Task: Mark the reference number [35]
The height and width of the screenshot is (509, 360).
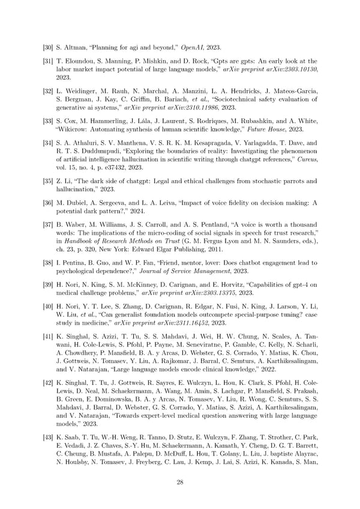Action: [x=49, y=181]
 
